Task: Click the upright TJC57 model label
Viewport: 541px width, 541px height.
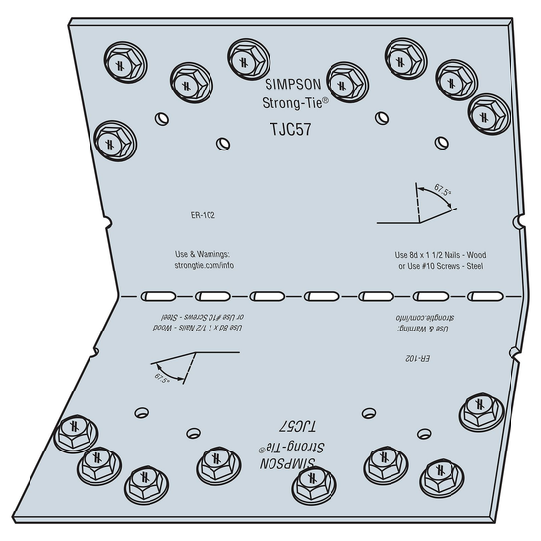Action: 290,129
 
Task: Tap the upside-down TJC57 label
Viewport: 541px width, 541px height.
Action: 297,427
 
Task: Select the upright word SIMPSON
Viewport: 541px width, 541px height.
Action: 293,84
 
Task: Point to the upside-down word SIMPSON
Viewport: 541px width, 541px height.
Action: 287,463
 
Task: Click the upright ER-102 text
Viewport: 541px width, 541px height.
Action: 203,215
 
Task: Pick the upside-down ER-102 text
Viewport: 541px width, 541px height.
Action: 417,358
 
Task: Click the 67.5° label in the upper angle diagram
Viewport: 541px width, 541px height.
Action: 443,190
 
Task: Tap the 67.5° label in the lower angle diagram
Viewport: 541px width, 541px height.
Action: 162,379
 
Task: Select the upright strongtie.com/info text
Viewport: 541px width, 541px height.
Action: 205,265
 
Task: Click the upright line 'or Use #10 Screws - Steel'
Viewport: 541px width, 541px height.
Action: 441,266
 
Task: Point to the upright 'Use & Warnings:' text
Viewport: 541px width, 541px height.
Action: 203,254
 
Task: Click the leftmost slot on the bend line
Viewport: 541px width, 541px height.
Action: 158,296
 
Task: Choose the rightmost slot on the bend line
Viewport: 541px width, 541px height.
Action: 485,296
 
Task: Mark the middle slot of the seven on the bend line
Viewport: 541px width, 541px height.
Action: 322,296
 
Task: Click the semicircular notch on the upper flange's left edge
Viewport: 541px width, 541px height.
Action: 108,223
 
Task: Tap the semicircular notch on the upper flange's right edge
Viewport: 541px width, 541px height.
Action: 519,221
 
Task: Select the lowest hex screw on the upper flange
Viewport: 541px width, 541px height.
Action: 115,141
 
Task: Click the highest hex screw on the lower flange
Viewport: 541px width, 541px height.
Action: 482,411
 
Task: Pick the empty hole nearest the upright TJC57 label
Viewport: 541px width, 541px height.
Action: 223,144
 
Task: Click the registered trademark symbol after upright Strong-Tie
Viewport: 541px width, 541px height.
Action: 325,100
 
